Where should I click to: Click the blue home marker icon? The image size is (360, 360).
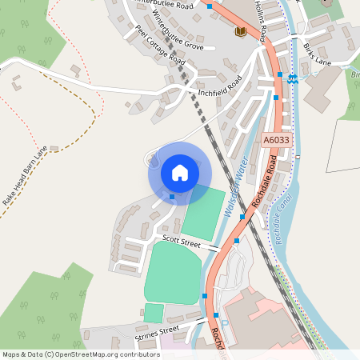(x=179, y=173)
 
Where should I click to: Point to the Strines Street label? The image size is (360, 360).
(x=158, y=330)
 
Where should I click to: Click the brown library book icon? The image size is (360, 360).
(x=240, y=31)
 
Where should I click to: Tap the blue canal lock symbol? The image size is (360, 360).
(x=293, y=78)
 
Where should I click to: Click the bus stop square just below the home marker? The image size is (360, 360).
(x=172, y=196)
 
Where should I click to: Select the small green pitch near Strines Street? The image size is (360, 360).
(x=154, y=313)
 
